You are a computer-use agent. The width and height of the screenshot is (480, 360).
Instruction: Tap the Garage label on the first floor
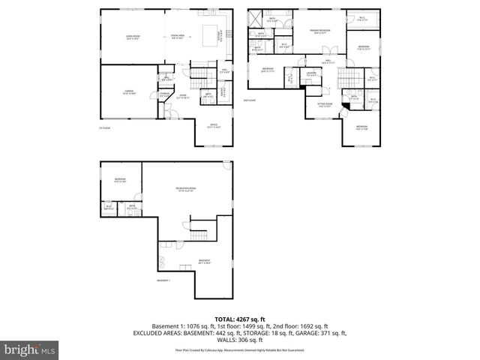point(128,91)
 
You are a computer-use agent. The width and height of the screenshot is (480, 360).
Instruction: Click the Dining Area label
point(178,36)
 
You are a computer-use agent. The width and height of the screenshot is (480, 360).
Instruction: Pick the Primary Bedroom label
point(320,31)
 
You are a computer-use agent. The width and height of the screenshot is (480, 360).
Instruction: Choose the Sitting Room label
point(324,105)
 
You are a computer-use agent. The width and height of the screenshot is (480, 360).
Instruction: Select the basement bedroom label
point(120,179)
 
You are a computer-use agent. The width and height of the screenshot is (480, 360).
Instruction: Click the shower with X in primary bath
point(256,18)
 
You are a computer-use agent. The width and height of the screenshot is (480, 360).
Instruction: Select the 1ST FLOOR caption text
point(105,129)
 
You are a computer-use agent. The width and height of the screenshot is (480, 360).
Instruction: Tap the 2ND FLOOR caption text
point(250,100)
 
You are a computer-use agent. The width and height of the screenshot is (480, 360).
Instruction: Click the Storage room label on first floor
point(164,94)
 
